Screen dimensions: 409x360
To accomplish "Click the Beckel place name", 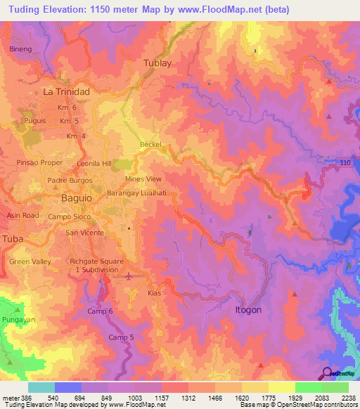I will point(150,144).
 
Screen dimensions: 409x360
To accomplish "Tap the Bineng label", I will point(21,49).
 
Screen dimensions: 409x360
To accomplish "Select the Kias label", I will point(155,293).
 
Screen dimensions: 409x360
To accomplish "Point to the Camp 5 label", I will point(120,337).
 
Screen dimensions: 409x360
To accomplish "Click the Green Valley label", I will point(30,261).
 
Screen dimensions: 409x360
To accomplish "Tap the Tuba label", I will point(13,239).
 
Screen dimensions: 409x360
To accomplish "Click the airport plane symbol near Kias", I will point(128,276).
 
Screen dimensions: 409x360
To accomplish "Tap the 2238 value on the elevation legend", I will point(347,397).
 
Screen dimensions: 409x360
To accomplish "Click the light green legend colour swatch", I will point(335,387).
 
